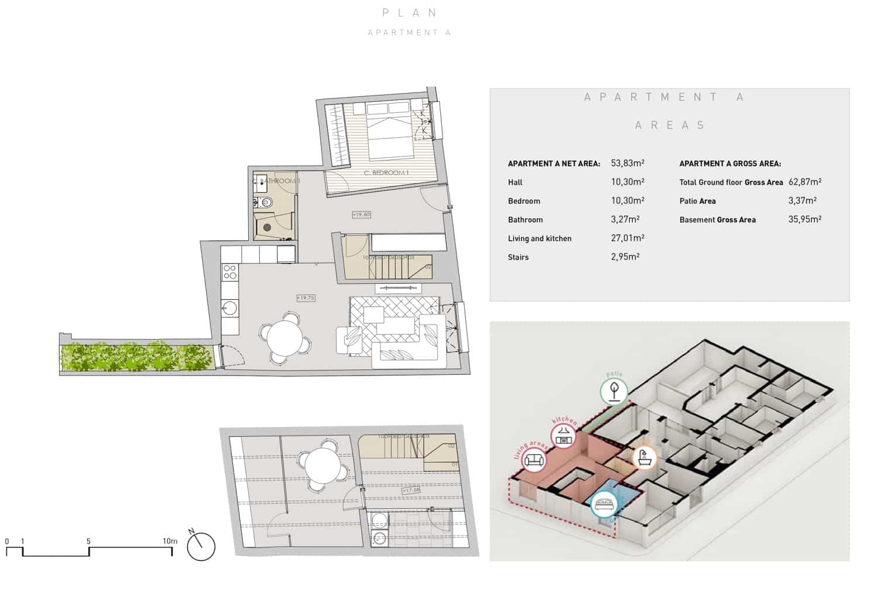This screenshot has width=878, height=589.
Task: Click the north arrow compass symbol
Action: pos(201,547)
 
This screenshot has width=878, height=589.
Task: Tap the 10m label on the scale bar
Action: pos(170,541)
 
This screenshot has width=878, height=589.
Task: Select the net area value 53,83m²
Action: pos(627,163)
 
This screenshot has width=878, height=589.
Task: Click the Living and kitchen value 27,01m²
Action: pos(627,238)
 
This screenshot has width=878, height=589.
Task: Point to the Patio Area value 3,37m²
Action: pos(802,201)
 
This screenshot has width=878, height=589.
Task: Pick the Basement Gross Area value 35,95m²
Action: pos(804,220)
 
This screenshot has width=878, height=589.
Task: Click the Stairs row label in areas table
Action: pos(518,257)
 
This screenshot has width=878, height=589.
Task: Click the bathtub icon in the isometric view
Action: pos(643,457)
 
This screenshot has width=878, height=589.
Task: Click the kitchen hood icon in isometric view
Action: pos(564,435)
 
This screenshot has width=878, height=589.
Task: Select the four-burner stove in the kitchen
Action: pos(229,272)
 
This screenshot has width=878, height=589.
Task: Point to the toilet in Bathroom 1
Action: pos(265,203)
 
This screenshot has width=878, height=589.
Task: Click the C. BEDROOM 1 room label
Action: pos(386,173)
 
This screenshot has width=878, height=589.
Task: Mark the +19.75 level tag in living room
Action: pos(306,298)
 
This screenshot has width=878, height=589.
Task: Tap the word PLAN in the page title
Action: pos(410,13)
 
